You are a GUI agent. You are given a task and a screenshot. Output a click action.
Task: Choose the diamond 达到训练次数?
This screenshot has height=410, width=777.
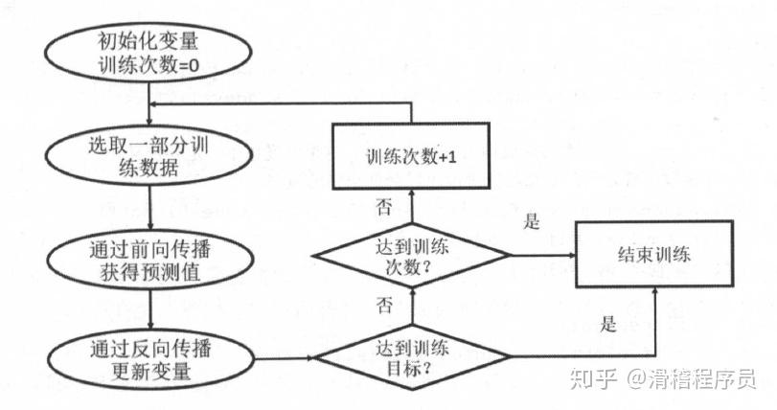tap(412, 256)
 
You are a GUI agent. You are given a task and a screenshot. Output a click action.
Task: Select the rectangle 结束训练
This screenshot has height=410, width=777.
tap(655, 256)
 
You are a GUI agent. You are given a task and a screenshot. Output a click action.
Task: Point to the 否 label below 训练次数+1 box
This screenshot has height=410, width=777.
tap(384, 207)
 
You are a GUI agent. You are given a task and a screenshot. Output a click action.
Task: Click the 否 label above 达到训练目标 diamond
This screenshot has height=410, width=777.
tap(384, 307)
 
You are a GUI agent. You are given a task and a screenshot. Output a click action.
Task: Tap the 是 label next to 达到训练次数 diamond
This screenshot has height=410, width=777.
tap(533, 222)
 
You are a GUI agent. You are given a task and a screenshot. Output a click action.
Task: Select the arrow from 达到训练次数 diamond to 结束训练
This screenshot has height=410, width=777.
tap(541, 256)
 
